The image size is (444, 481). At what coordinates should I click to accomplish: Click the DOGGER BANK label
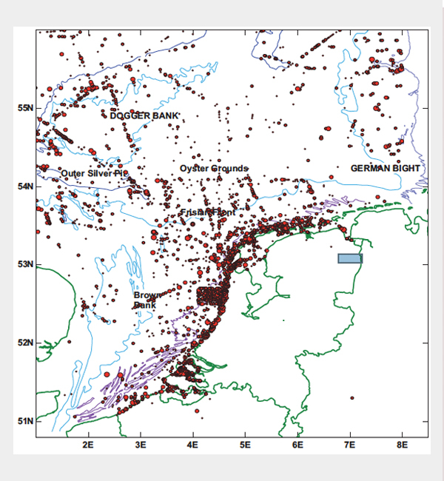point(144,116)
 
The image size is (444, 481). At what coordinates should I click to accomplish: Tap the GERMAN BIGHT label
point(385,169)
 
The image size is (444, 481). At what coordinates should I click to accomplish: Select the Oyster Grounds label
point(214,169)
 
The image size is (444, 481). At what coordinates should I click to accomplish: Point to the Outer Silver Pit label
point(92,173)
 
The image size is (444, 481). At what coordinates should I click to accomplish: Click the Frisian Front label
point(208,212)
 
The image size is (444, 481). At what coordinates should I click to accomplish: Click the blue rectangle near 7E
point(350,258)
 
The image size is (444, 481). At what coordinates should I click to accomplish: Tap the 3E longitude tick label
point(141,445)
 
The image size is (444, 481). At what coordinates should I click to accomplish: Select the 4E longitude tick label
point(193,445)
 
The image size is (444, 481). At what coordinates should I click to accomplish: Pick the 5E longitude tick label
point(246,445)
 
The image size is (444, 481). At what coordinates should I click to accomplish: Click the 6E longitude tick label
point(297,445)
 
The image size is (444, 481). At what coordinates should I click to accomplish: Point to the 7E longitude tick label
point(350,445)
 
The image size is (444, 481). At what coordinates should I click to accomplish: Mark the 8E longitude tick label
point(403,445)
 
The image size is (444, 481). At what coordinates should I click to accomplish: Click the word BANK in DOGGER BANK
point(164,116)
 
